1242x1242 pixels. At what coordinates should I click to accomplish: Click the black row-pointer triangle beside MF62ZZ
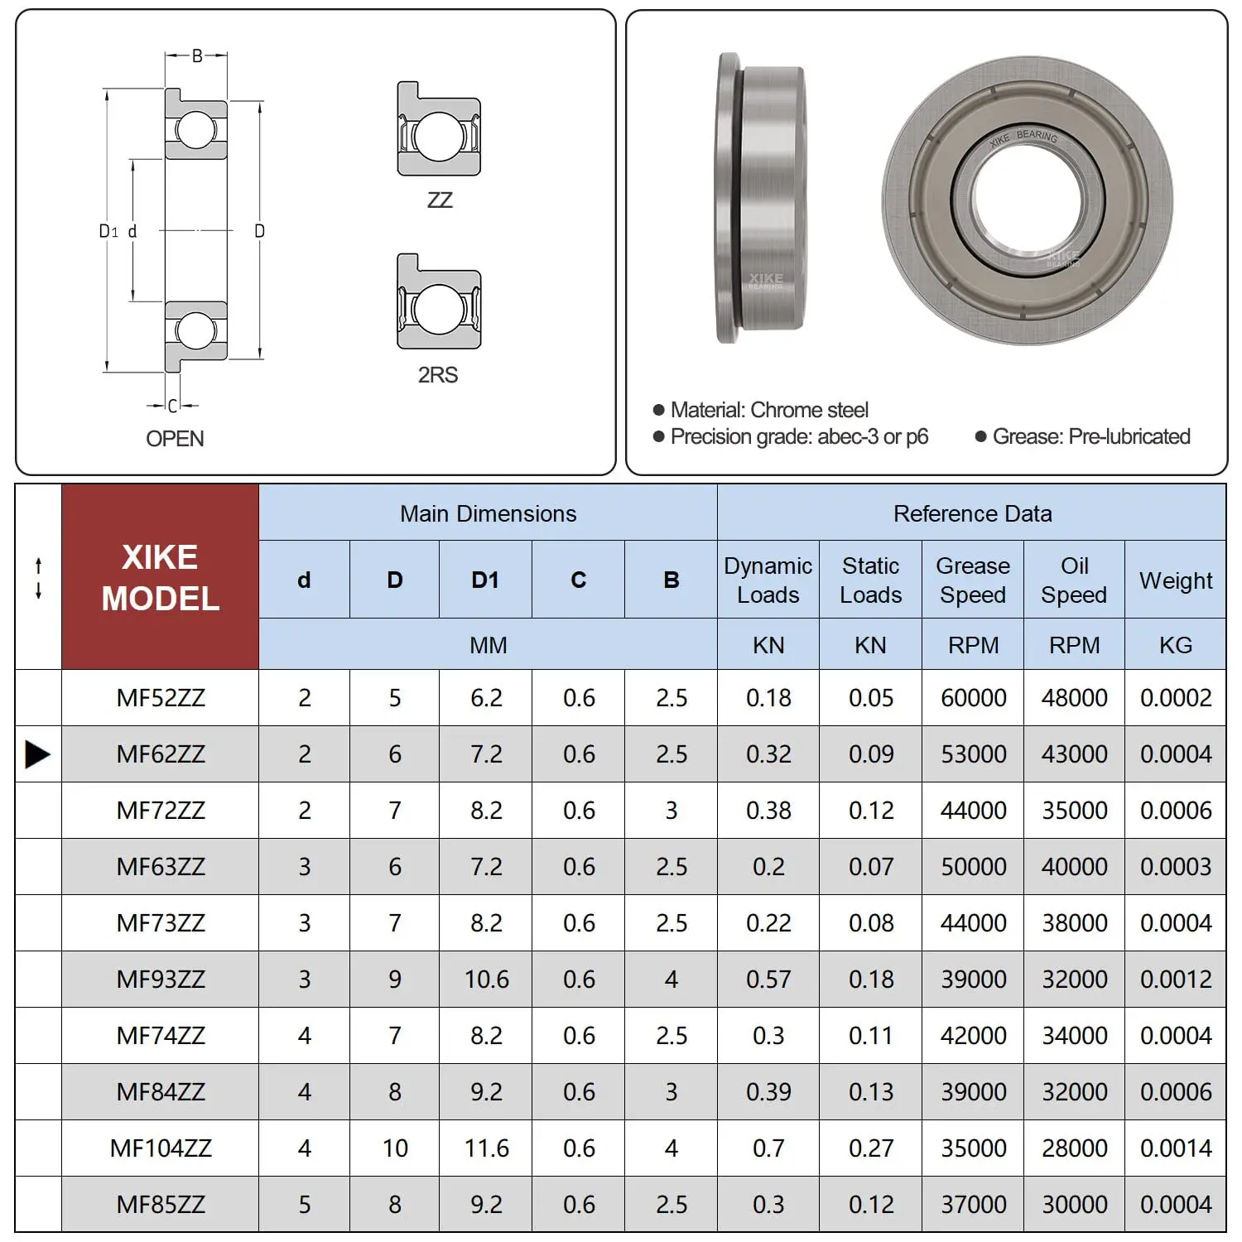37,754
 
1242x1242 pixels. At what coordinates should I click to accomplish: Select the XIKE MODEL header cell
160,577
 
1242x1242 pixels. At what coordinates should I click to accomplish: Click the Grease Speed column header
973,580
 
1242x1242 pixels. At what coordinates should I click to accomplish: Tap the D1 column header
485,580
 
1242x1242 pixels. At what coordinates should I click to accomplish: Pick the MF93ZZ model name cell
160,980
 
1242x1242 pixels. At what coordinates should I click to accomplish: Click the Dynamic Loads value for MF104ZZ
768,1148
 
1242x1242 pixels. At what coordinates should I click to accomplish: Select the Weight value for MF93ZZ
1176,980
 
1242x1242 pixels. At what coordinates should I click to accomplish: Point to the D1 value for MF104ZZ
486,1148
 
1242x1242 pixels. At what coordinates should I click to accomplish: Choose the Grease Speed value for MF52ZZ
973,698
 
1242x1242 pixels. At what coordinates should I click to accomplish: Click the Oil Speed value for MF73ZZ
1074,923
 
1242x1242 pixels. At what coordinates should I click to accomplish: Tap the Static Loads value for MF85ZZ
870,1205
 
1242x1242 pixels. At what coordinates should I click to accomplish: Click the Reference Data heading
972,513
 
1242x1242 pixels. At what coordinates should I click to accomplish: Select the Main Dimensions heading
488,513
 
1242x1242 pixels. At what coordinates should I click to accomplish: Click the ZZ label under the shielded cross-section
440,200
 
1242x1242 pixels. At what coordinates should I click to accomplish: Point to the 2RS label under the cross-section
438,375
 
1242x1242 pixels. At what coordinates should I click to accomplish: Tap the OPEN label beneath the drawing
175,439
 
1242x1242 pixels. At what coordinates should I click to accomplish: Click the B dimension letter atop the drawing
197,56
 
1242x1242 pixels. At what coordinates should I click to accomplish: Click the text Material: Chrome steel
768,410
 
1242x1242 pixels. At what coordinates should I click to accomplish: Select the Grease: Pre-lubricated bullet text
1090,436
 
